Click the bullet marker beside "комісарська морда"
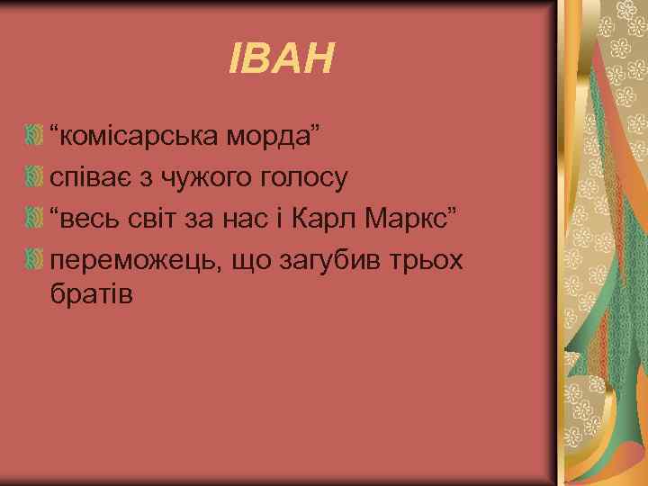(33, 136)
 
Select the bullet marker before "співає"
(33, 177)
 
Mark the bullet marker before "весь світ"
(33, 219)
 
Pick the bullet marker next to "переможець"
(33, 260)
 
